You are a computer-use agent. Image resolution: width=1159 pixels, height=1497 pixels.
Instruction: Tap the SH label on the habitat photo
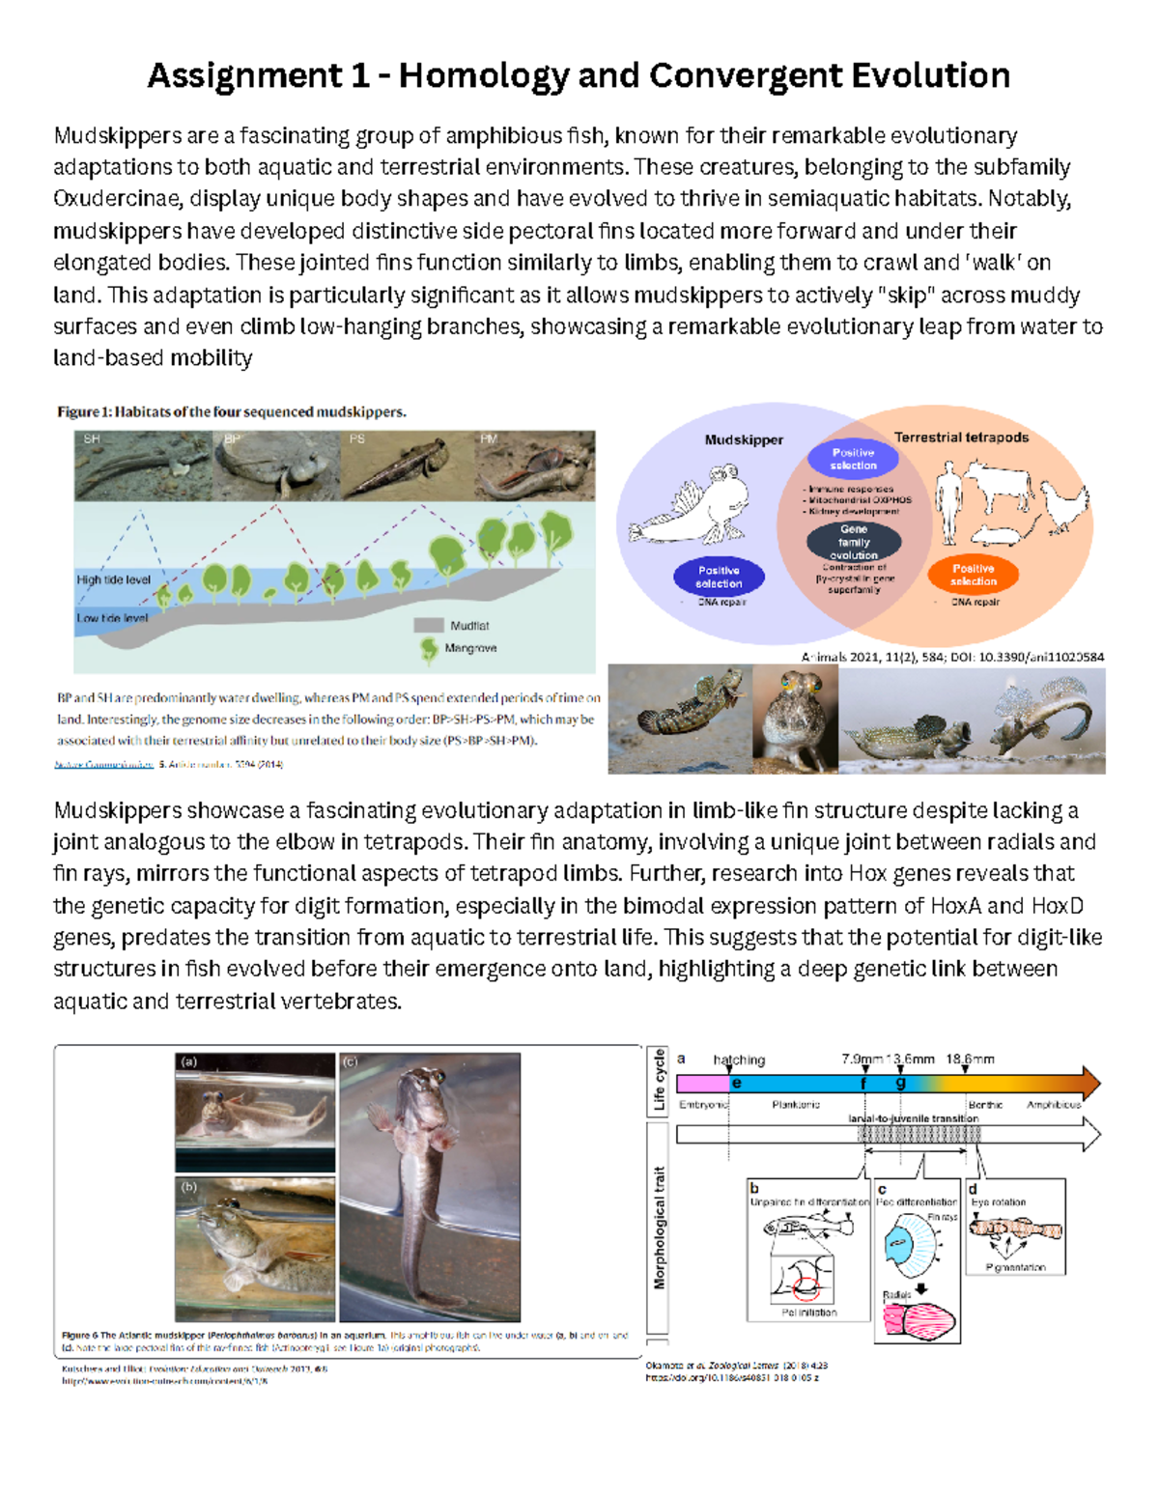[x=92, y=438]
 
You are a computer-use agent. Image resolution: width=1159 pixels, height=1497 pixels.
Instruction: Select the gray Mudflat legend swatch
[x=428, y=625]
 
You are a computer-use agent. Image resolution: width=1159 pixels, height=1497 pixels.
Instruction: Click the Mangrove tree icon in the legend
[x=429, y=649]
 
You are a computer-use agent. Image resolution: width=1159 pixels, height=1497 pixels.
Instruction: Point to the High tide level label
[x=113, y=579]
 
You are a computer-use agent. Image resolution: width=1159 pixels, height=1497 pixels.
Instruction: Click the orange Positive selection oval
[x=973, y=575]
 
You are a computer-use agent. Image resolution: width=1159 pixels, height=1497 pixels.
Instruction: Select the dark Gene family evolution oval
[x=854, y=542]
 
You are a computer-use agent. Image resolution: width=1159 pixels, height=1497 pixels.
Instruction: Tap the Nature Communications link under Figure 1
[x=103, y=764]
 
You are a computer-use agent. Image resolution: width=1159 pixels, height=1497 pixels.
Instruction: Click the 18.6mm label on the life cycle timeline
[x=970, y=1059]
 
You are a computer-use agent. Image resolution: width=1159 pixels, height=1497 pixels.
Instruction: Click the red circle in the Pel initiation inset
[x=806, y=1286]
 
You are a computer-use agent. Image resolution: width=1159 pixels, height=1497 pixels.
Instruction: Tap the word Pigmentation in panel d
[x=1015, y=1267]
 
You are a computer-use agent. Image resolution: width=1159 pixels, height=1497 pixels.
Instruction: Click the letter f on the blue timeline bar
[x=864, y=1084]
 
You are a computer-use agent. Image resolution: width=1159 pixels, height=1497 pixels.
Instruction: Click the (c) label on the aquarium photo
[x=350, y=1061]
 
